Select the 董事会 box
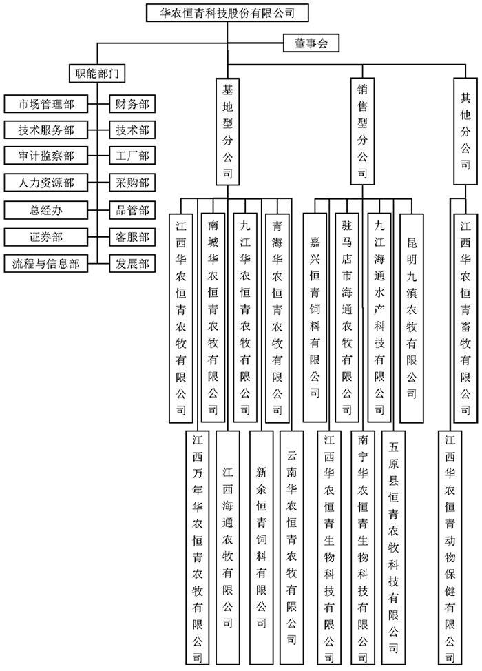tap(312, 43)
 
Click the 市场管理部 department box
tap(47, 104)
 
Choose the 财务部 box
tap(132, 104)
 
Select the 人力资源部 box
tap(47, 183)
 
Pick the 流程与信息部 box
tap(47, 262)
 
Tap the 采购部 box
tap(132, 183)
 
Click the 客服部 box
tap(132, 236)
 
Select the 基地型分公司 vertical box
tap(227, 131)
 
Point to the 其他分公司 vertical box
tap(466, 131)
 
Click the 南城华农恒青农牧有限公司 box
tap(213, 318)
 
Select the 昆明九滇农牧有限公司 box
tap(412, 318)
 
